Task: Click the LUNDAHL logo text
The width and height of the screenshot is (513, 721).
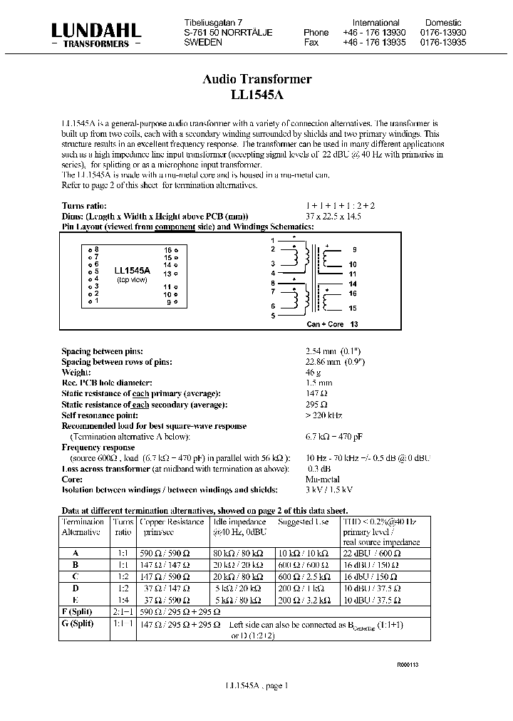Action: [x=95, y=29]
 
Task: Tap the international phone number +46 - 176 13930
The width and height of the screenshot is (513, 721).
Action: [x=377, y=33]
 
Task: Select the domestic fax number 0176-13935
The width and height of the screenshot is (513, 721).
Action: [x=442, y=43]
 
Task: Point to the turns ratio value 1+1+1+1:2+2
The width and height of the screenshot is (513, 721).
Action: [x=340, y=206]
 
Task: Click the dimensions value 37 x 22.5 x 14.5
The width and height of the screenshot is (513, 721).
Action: [x=333, y=216]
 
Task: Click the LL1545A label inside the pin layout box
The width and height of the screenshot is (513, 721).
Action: [x=132, y=270]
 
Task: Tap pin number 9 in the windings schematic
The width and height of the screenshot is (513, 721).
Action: [x=354, y=250]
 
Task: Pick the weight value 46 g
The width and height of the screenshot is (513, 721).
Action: [x=313, y=372]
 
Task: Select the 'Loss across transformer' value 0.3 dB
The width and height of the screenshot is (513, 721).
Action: [x=318, y=468]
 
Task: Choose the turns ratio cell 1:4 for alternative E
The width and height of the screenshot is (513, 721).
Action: [x=123, y=601]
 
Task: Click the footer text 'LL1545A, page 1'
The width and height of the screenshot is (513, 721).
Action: [x=256, y=685]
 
